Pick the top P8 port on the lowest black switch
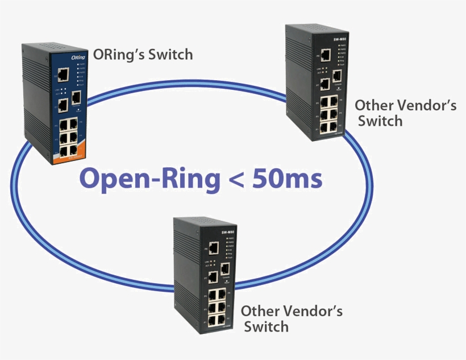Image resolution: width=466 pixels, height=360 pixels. (214, 248)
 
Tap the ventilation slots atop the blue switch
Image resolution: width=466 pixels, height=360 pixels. (47, 45)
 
